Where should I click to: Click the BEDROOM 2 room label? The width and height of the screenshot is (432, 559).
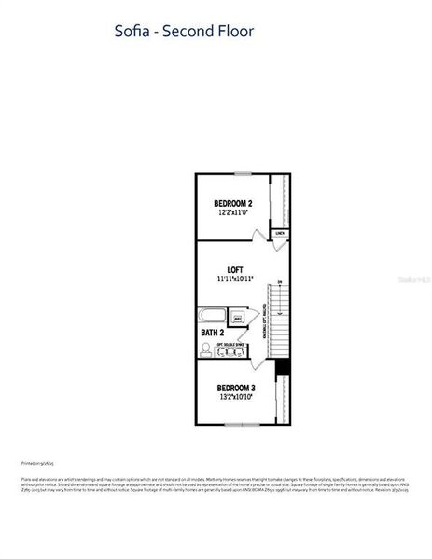[232, 203]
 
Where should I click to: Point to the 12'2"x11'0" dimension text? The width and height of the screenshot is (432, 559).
[232, 213]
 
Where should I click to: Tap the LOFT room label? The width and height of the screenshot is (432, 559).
[234, 269]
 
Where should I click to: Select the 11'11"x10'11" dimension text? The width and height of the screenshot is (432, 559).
[234, 279]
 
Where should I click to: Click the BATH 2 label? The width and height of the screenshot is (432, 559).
[212, 332]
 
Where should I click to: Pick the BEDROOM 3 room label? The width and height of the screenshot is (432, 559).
[236, 387]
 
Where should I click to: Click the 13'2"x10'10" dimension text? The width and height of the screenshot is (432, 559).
[236, 397]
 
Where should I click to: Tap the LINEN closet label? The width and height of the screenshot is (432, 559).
[279, 232]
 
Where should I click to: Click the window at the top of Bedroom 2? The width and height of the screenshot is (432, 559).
[243, 173]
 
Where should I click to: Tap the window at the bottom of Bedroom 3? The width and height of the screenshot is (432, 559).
[240, 425]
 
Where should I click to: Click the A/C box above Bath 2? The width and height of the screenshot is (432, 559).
[237, 319]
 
